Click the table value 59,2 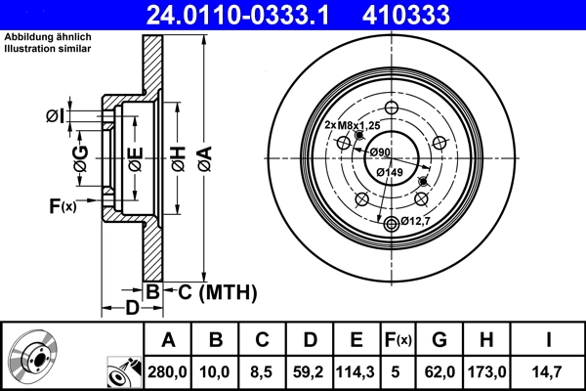(309, 372)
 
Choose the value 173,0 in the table (488, 372)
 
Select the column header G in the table (439, 340)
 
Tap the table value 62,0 (439, 372)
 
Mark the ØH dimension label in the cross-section (178, 155)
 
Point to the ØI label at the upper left (55, 117)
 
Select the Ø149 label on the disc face (390, 173)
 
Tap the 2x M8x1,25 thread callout (352, 126)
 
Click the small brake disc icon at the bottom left (37, 359)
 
